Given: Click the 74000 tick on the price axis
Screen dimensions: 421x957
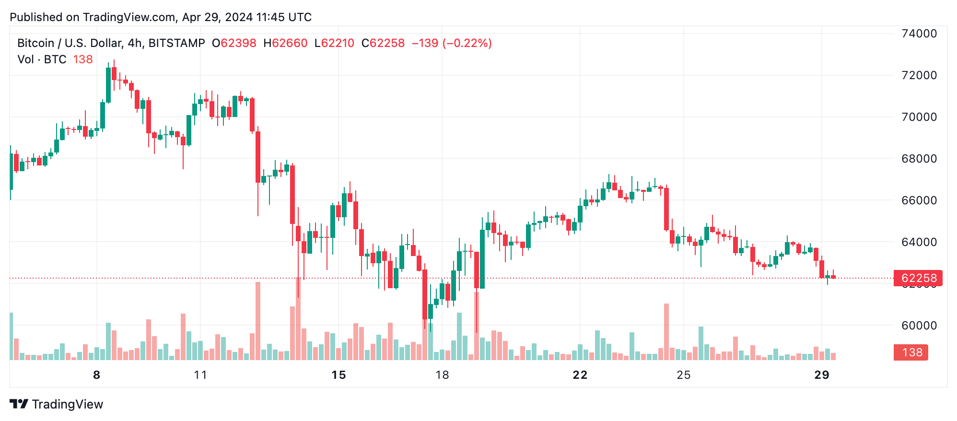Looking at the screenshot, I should point(919,34).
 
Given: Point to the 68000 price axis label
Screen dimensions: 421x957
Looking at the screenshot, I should point(919,159).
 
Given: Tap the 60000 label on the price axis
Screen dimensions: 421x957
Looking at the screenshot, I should point(919,326).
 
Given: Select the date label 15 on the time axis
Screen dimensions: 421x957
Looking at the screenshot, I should point(338,375).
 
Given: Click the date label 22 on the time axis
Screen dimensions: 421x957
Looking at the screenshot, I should point(580,375).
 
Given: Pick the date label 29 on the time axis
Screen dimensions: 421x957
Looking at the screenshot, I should point(822,375).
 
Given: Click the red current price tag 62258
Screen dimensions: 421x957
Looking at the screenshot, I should point(918,278).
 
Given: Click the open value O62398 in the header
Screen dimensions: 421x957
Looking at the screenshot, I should point(234,43).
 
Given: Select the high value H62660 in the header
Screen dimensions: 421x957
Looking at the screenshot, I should point(285,43).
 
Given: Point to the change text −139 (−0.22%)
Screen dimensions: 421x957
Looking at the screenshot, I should point(452,43).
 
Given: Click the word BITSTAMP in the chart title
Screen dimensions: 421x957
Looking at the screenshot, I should point(176,43).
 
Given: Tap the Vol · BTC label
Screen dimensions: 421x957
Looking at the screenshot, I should point(42,59).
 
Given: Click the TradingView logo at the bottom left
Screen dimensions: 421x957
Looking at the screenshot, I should point(57,404).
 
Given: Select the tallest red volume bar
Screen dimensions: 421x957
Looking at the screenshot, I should point(298,319).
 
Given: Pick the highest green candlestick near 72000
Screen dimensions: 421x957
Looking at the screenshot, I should point(108,85).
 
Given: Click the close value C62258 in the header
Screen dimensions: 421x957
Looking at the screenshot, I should point(383,43).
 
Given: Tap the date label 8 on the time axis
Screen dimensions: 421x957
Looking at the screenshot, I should point(97,375).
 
